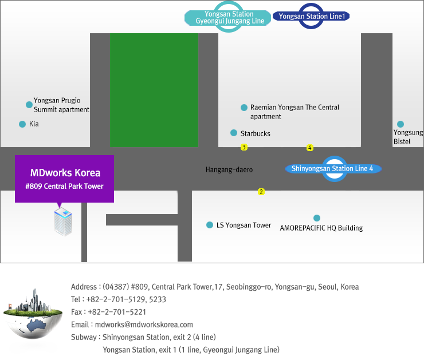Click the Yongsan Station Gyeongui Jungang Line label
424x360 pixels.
tap(229, 18)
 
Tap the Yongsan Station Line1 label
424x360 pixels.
tap(312, 17)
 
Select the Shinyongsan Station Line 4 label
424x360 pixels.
tap(332, 168)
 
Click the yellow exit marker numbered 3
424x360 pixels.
tap(244, 147)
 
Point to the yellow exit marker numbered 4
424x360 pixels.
tap(310, 148)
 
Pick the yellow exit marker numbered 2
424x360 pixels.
tap(261, 192)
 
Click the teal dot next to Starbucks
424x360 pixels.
tap(234, 133)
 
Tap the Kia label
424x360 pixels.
tap(34, 124)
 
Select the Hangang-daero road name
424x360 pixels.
tap(229, 169)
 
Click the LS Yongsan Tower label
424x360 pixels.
tap(244, 225)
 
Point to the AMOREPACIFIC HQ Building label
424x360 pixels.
tap(321, 228)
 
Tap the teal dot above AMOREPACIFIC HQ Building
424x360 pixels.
tap(317, 218)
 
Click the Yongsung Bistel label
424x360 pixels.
tap(408, 137)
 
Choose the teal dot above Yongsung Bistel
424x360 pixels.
tap(401, 124)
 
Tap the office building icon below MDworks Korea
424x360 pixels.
tap(63, 222)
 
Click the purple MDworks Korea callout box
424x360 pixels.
tap(64, 179)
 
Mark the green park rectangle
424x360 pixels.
tap(154, 90)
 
